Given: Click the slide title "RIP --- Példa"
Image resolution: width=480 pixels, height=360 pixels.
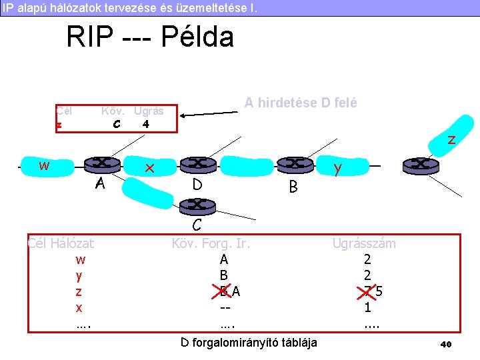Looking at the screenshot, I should [150, 37].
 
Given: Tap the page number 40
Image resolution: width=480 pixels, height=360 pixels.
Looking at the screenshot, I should [446, 344].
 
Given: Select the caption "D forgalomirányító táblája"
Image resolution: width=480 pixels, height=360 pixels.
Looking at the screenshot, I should [249, 343].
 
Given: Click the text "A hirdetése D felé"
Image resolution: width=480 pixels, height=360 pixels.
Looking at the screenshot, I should [301, 103].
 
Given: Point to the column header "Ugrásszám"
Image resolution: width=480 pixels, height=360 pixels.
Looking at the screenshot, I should [364, 243].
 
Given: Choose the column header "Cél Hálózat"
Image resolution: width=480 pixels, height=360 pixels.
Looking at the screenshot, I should [61, 243].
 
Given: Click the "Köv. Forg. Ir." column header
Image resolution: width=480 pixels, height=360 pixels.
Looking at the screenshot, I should [211, 243].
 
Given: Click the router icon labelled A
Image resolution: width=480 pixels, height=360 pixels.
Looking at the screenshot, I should [102, 163].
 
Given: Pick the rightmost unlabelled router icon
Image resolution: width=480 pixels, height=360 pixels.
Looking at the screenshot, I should [419, 164].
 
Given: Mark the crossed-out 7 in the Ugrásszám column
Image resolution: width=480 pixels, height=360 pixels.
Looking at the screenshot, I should [367, 291].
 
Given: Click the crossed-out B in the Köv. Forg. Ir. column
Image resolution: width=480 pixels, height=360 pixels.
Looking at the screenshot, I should [224, 291].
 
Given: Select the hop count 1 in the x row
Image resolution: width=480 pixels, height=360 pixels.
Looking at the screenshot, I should [368, 307].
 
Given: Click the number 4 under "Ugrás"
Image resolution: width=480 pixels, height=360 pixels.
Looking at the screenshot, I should [145, 124].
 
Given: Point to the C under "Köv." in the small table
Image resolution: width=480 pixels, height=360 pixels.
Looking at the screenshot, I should [117, 124].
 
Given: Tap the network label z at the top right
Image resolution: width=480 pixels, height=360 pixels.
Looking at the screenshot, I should [451, 140].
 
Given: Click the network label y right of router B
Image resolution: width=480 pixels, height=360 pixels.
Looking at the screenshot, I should [338, 170].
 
